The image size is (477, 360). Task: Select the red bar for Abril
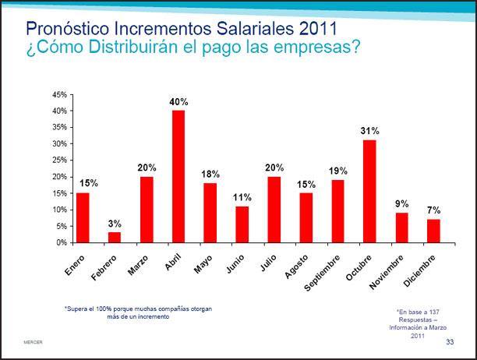coord(178,176)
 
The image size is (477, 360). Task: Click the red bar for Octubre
coord(369,191)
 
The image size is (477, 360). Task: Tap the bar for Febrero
coord(115,237)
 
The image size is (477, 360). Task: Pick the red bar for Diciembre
coord(433,231)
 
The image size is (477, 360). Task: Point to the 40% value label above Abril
coord(178,102)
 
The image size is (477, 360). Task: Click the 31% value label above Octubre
coord(369,131)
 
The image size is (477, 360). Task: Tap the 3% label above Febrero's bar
coord(115,224)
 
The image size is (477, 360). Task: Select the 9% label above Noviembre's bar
coord(402,204)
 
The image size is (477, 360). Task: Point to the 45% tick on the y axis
coord(58,94)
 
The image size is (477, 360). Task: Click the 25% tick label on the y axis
coord(58,161)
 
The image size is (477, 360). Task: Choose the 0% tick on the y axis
coord(61,242)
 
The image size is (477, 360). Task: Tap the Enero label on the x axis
coord(75,266)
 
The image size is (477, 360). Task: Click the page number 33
coord(450,343)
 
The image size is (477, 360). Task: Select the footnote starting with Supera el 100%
coord(137,312)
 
